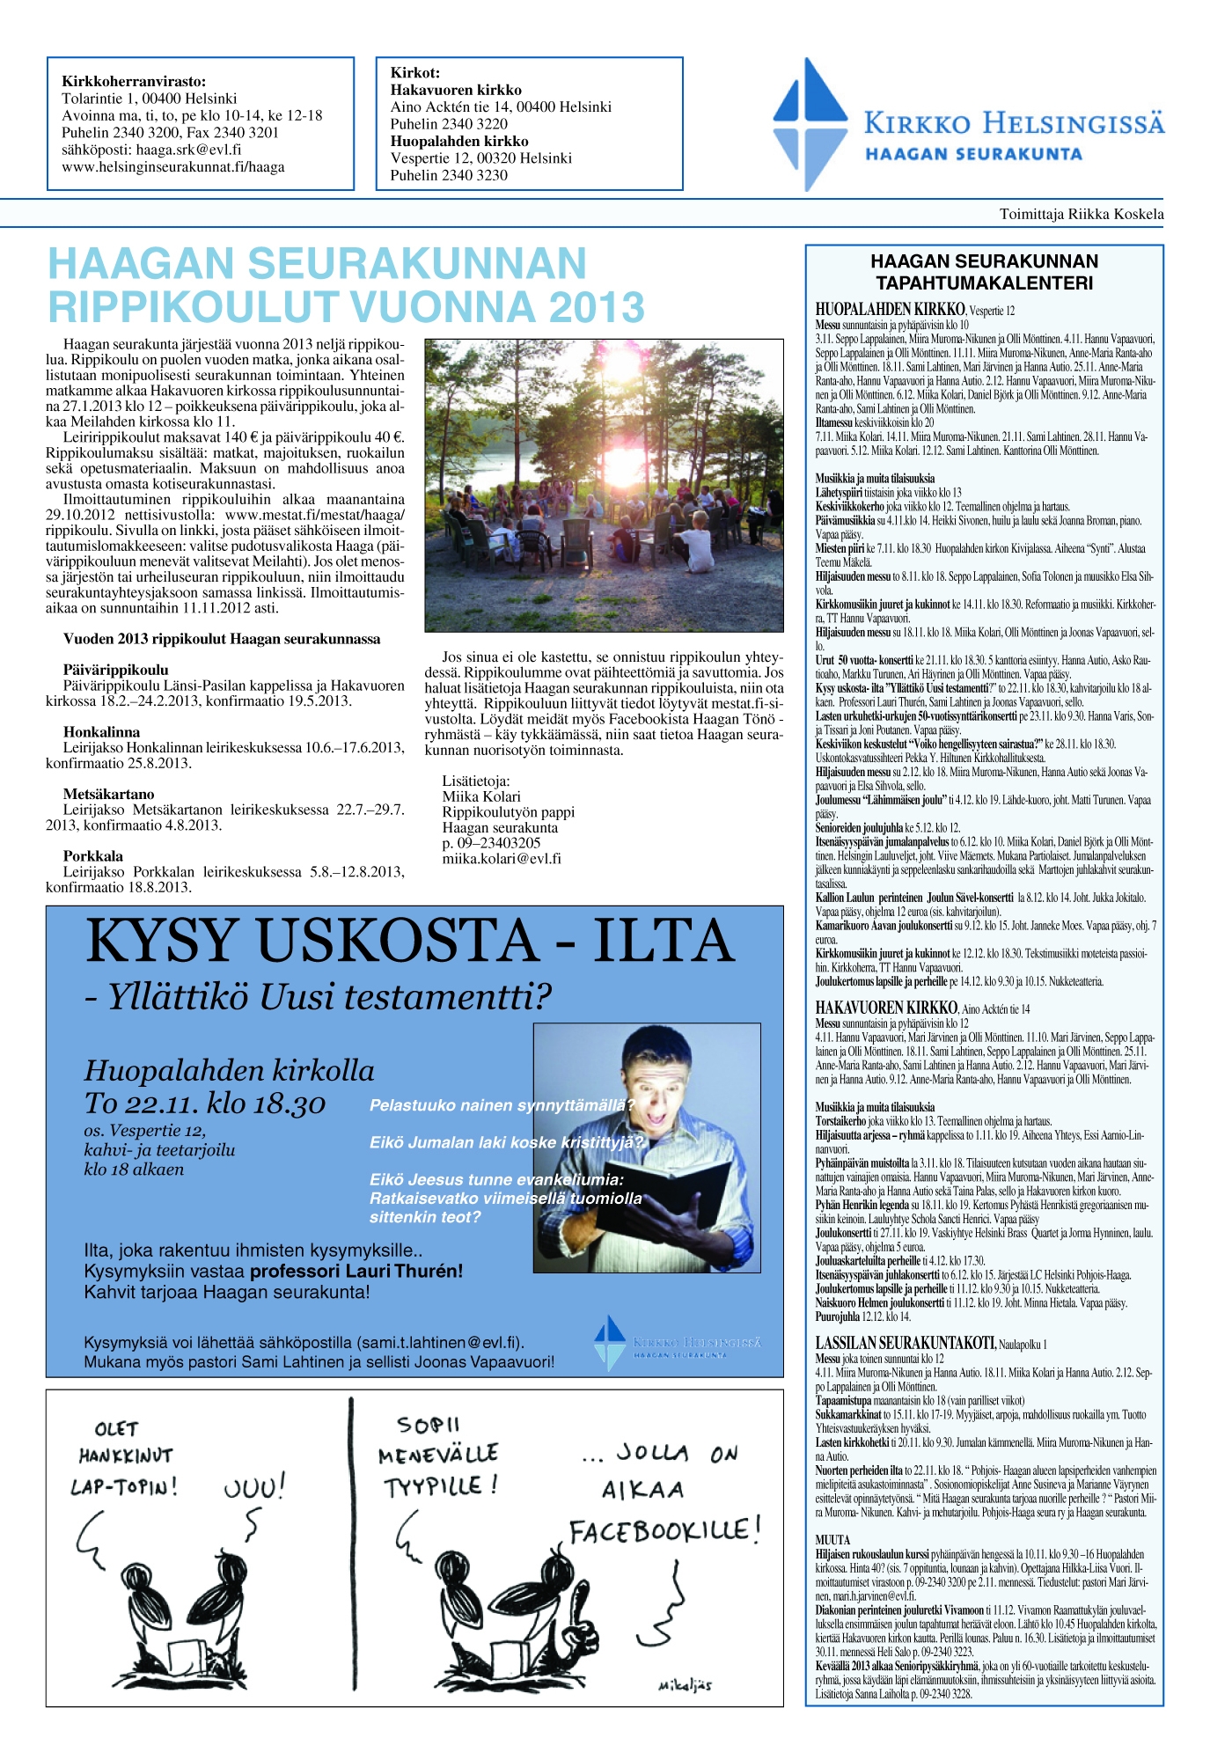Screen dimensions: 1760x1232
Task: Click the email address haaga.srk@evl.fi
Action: [x=188, y=150]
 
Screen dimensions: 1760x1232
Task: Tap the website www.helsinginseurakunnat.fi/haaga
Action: [x=172, y=167]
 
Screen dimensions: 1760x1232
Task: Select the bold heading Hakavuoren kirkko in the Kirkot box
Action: [x=456, y=90]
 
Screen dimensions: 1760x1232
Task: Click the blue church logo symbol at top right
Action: [x=810, y=124]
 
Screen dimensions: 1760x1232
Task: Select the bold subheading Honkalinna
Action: [x=101, y=731]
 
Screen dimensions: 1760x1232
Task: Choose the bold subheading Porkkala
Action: [x=92, y=855]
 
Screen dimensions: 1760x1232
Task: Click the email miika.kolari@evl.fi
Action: [x=501, y=859]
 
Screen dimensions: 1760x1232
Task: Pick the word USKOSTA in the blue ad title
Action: [x=400, y=941]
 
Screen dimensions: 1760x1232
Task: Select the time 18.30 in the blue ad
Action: [x=282, y=1104]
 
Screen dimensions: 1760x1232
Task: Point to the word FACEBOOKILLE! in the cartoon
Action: [x=664, y=1531]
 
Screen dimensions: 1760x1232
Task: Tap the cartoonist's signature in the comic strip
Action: [x=685, y=1685]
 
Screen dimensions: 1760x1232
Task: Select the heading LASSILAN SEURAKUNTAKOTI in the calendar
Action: [x=905, y=1343]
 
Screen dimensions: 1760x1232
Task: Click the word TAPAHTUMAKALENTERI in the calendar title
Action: [x=984, y=283]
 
